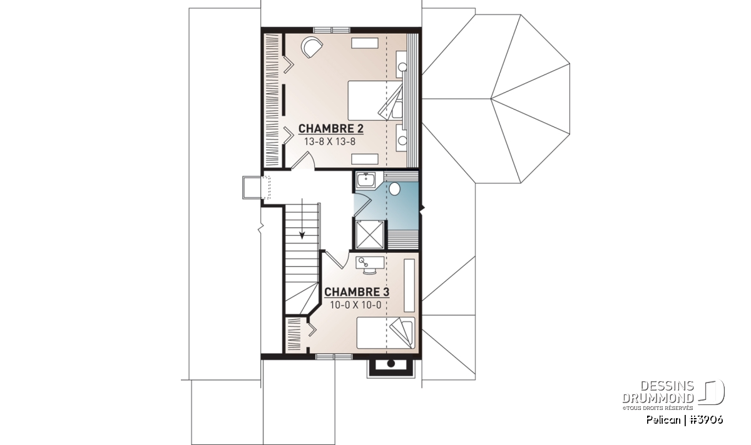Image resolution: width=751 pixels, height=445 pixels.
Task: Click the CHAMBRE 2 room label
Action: click(330, 129)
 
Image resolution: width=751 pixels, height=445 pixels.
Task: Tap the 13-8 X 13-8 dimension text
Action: click(330, 142)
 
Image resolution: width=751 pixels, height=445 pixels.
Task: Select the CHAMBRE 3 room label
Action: click(357, 292)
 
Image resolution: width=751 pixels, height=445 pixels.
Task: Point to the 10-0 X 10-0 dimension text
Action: click(355, 305)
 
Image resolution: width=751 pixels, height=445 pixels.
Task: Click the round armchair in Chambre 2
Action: click(312, 48)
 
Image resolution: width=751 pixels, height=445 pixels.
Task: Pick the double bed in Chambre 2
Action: click(375, 100)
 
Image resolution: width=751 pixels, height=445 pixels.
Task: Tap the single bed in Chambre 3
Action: click(386, 333)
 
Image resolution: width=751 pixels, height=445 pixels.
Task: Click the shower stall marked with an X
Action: click(369, 235)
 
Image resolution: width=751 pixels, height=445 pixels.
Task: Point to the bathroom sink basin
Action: click(365, 181)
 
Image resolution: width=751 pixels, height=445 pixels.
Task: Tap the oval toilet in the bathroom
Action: click(395, 189)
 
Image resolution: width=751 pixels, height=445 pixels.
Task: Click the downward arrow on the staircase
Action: click(302, 218)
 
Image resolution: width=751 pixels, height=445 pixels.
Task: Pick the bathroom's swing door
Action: click(363, 204)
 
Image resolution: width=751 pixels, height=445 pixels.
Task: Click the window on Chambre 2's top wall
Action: click(332, 30)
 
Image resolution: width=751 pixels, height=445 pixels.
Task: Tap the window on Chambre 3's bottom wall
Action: click(334, 357)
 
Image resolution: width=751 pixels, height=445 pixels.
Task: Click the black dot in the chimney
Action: click(391, 364)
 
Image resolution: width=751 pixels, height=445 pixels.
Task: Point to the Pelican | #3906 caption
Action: click(684, 420)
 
